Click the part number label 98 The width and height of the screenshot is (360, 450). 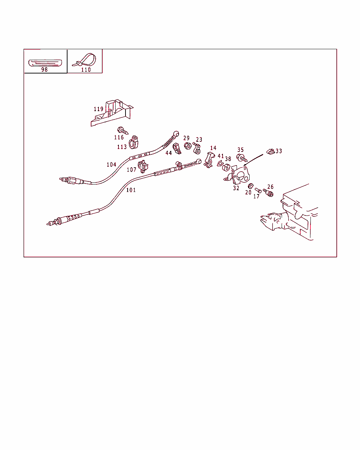pyautogui.click(x=44, y=70)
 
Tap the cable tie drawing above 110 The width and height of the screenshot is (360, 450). pyautogui.click(x=84, y=60)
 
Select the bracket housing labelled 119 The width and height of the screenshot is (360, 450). pyautogui.click(x=112, y=112)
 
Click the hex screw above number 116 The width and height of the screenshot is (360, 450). pyautogui.click(x=123, y=131)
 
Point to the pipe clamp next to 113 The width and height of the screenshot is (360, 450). pyautogui.click(x=134, y=142)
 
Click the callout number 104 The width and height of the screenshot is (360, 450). pyautogui.click(x=111, y=165)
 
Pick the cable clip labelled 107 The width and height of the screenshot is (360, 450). pyautogui.click(x=143, y=166)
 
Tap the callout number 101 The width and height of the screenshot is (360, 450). pyautogui.click(x=131, y=190)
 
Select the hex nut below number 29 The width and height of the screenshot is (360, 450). pyautogui.click(x=188, y=146)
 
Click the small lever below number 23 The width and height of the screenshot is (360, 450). pyautogui.click(x=197, y=148)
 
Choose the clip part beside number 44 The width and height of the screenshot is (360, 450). pyautogui.click(x=177, y=148)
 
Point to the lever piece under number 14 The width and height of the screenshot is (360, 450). pyautogui.click(x=209, y=160)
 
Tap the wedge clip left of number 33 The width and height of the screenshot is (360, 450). pyautogui.click(x=270, y=152)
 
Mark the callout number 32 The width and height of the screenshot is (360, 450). pyautogui.click(x=236, y=188)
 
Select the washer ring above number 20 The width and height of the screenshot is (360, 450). pyautogui.click(x=250, y=186)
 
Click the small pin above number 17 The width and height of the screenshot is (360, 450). pyautogui.click(x=258, y=190)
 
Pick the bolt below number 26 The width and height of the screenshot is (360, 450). pyautogui.click(x=268, y=193)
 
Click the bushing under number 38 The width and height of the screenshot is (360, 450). pyautogui.click(x=226, y=167)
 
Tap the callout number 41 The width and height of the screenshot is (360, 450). pyautogui.click(x=221, y=156)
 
